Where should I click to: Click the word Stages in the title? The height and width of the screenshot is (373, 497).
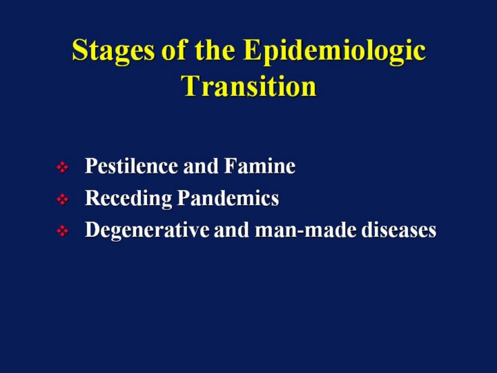point(113,51)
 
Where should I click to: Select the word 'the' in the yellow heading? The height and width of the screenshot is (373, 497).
point(215,50)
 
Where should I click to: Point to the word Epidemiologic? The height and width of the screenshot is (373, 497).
point(334,51)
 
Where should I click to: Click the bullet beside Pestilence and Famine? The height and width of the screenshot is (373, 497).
point(62,167)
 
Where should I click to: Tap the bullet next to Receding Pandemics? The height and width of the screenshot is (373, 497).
point(62,199)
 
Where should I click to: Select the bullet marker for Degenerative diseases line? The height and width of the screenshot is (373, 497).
point(62,231)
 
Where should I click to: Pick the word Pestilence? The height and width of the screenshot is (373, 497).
point(131,166)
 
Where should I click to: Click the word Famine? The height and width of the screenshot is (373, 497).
point(260,166)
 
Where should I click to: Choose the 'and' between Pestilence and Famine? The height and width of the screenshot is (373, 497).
point(201,166)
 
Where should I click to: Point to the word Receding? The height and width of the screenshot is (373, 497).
point(128,198)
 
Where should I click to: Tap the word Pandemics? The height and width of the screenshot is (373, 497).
point(228,198)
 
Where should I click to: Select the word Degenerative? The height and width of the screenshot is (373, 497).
point(147,229)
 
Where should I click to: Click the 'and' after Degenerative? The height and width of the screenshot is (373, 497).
point(232,229)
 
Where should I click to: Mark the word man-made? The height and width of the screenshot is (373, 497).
point(305,229)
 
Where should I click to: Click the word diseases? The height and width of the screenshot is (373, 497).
point(399,229)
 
